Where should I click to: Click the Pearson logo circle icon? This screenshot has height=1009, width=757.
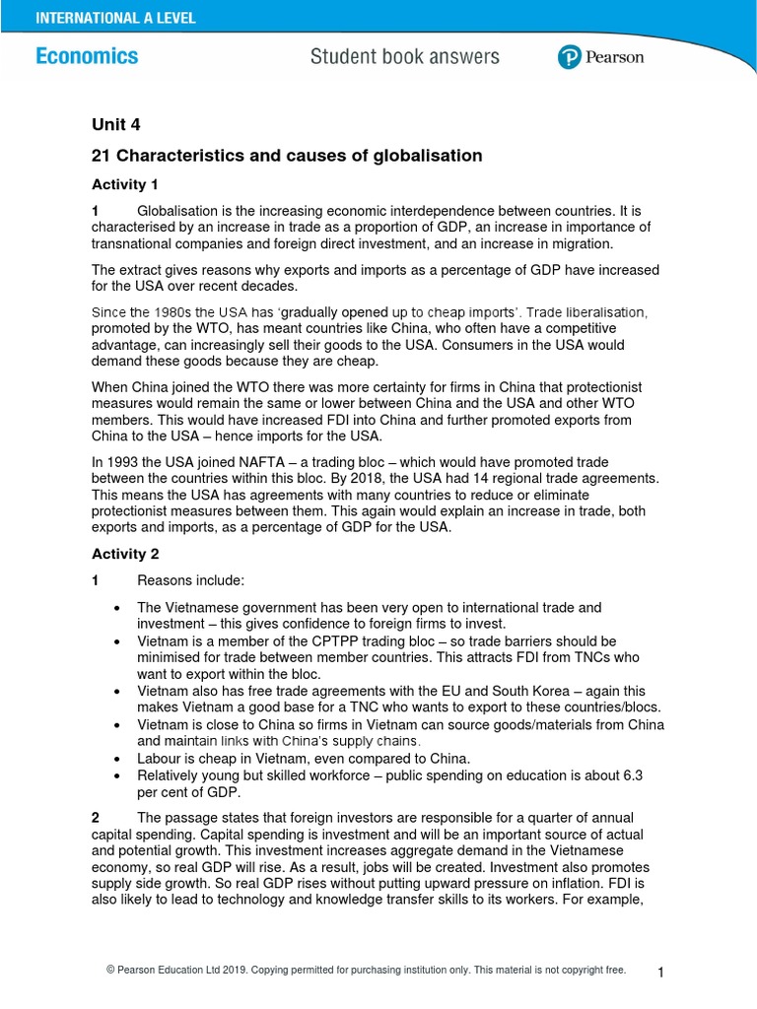[569, 58]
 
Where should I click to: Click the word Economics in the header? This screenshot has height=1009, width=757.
[87, 56]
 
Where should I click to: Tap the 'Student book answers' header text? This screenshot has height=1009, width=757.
[404, 57]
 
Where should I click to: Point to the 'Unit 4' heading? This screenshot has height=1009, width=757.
[116, 124]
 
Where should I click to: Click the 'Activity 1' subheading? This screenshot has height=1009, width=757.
[125, 184]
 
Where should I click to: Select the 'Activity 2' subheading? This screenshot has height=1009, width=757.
[125, 554]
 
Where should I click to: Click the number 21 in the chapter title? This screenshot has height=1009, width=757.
[100, 156]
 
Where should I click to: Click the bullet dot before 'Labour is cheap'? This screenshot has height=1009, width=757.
[117, 759]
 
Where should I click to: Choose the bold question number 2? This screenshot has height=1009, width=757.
[96, 818]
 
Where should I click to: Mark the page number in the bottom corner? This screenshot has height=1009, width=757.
[661, 974]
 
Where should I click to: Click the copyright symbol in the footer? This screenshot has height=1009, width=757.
[110, 971]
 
